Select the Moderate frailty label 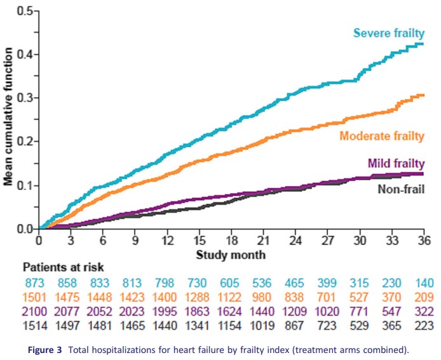[382, 135]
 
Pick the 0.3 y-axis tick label [25, 98]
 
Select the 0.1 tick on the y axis [25, 185]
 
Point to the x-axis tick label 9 [135, 241]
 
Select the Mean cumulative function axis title [8, 119]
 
